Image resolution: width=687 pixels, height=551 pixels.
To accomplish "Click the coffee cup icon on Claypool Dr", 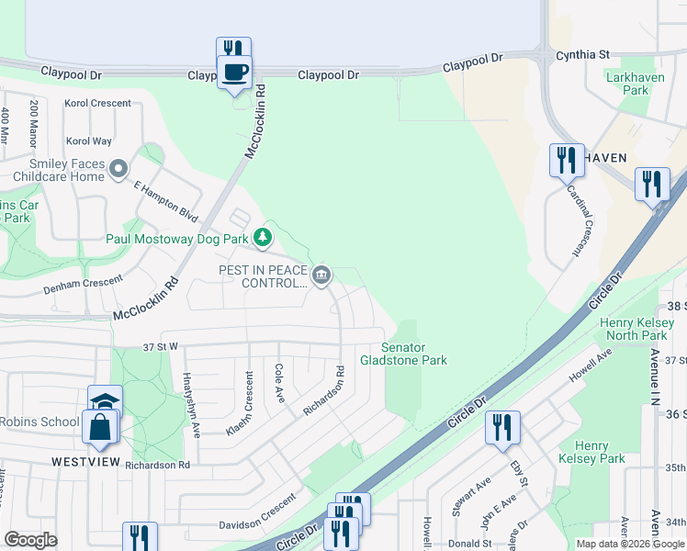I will coord(233,72).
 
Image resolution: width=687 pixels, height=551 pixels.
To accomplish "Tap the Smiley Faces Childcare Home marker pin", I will coord(118,168).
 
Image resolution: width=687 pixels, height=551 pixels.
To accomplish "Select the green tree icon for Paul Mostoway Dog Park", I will coord(264,239).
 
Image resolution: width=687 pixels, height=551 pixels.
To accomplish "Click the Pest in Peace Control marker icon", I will coord(321,275).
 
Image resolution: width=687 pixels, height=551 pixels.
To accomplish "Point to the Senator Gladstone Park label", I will coord(416,354).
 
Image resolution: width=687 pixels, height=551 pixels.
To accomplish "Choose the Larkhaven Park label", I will coord(627,84).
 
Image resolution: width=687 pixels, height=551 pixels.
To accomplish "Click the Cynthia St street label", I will coord(582,55).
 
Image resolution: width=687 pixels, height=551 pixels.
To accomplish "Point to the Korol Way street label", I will coord(89,141).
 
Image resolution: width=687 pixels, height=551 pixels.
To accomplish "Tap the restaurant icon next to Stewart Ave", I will coord(502,427).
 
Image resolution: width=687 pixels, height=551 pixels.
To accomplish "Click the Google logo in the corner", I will coord(30,540).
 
